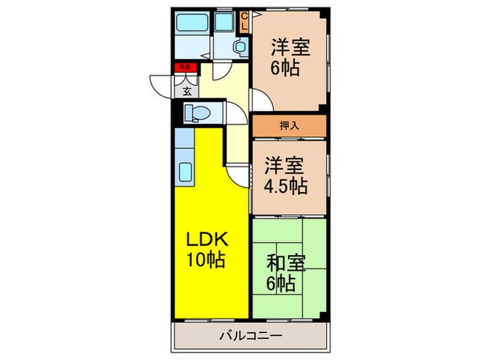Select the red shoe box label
[x=184, y=67]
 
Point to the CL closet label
[x=243, y=23]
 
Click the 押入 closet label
[x=289, y=125]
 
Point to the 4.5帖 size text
[x=287, y=185]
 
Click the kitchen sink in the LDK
[x=186, y=171]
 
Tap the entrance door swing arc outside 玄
[x=159, y=84]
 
